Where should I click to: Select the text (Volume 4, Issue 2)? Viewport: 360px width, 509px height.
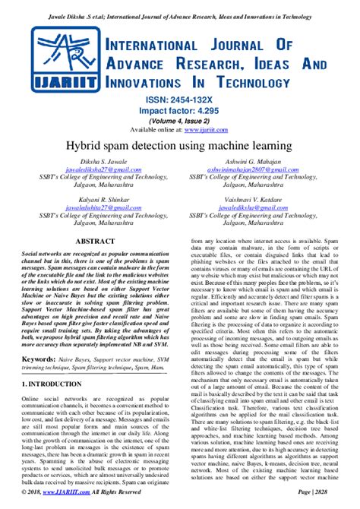(181, 120)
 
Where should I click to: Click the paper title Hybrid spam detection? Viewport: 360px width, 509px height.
(180, 145)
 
